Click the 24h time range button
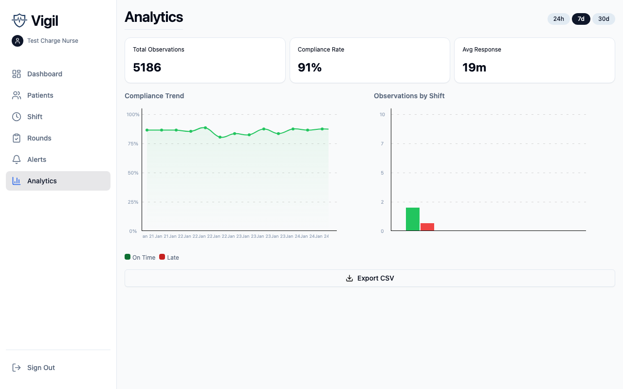click(x=558, y=19)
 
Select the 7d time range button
click(x=581, y=19)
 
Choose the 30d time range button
click(x=604, y=19)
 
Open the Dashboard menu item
click(x=45, y=74)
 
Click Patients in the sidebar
click(x=40, y=95)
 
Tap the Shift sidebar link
click(x=35, y=117)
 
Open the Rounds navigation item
click(x=39, y=138)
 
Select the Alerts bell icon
click(x=17, y=159)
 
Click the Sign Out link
click(x=41, y=368)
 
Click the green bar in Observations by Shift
click(x=413, y=219)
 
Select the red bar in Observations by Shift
click(x=427, y=227)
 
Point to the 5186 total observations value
click(x=147, y=68)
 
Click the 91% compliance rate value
click(x=310, y=68)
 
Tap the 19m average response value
click(x=474, y=68)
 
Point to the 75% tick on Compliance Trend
click(x=132, y=143)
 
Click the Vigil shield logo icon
click(x=19, y=20)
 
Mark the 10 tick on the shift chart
click(x=383, y=114)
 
